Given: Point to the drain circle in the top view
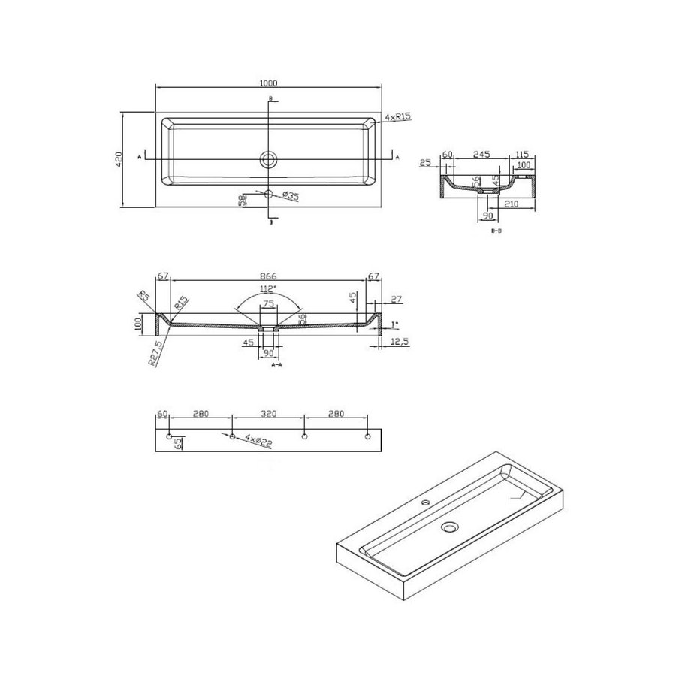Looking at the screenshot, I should tap(268, 158).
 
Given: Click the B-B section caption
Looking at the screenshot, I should tap(496, 232).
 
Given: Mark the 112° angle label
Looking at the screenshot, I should tap(268, 288).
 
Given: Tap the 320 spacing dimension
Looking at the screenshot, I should tap(268, 413).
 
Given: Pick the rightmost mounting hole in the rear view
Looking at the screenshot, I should tap(367, 437).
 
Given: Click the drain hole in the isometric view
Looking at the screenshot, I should tap(450, 528).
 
